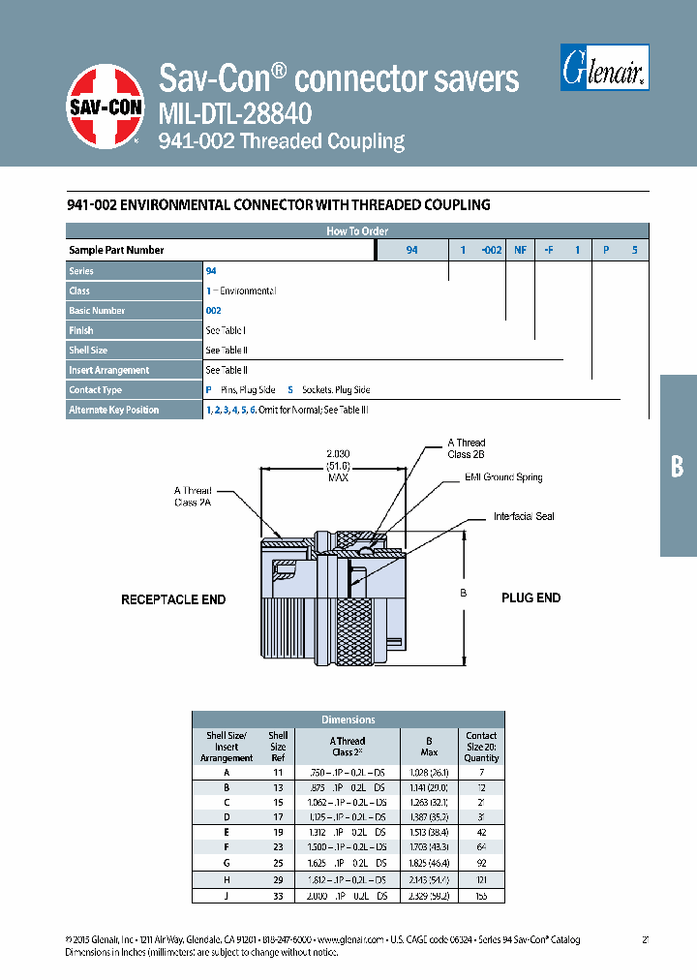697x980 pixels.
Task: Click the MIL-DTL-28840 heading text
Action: (234, 114)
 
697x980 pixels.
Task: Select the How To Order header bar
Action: (356, 231)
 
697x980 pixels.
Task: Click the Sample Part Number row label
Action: (116, 250)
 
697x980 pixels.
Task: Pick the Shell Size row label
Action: (88, 350)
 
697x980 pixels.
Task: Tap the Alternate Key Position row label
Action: (114, 410)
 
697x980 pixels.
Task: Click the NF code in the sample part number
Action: (520, 250)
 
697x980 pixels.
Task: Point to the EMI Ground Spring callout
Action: (503, 477)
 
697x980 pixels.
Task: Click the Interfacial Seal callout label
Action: (524, 516)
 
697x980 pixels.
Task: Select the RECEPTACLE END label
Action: (173, 599)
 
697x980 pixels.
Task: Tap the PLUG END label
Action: (530, 597)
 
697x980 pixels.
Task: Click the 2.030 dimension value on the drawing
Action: (337, 453)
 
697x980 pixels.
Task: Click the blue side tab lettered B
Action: (678, 466)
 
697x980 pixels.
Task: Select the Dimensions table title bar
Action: (348, 720)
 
